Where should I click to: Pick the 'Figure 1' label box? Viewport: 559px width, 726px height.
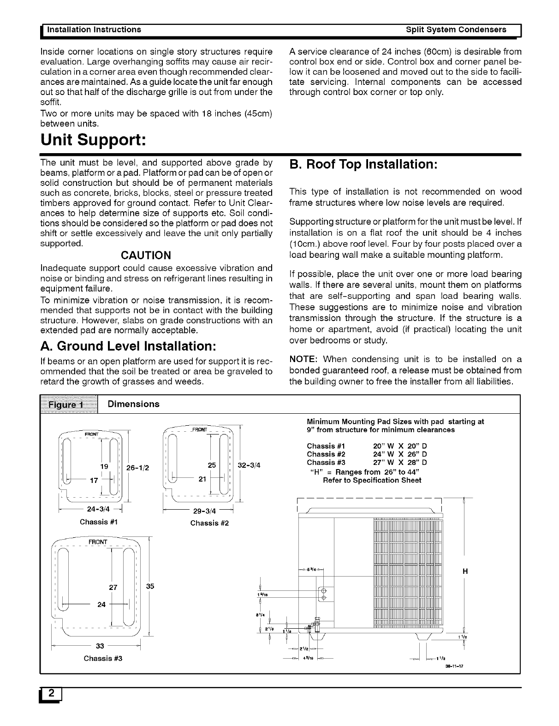click(69, 405)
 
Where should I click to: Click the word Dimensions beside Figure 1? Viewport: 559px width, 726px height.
click(133, 404)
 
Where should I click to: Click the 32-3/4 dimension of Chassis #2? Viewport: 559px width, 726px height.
click(249, 465)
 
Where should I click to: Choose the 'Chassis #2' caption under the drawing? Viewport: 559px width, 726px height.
click(209, 523)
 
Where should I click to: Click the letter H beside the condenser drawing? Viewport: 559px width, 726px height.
click(465, 571)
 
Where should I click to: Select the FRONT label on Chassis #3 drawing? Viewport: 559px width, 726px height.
click(97, 542)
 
